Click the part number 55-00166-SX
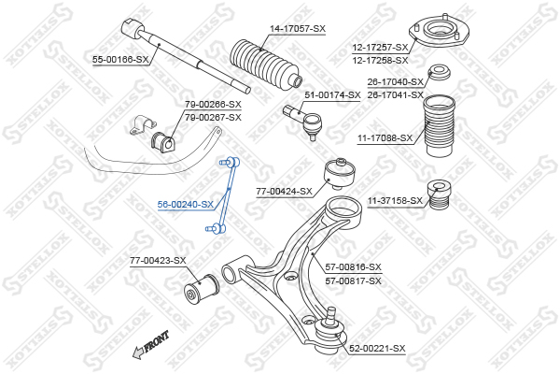(x=120, y=60)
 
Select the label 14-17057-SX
(x=298, y=28)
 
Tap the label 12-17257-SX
(x=380, y=47)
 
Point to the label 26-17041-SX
(x=395, y=94)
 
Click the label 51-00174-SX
(x=332, y=95)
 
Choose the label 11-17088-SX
(x=384, y=137)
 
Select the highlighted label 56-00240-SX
(x=185, y=204)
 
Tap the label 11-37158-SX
(x=395, y=200)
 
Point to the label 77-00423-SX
(x=158, y=260)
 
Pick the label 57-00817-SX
(x=353, y=280)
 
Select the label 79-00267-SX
(x=213, y=117)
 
